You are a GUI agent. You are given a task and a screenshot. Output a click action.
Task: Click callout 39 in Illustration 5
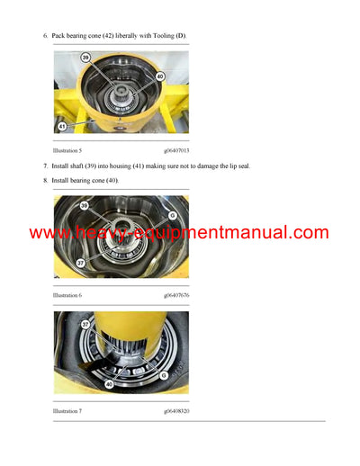click(85, 57)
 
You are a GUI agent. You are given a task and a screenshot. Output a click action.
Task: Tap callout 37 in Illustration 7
click(85, 324)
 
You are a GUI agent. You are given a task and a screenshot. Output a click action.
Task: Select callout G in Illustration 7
click(164, 375)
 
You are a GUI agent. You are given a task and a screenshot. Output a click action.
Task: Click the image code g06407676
click(176, 295)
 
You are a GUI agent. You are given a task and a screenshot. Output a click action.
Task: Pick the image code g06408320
click(176, 411)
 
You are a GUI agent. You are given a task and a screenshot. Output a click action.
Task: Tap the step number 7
click(45, 167)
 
